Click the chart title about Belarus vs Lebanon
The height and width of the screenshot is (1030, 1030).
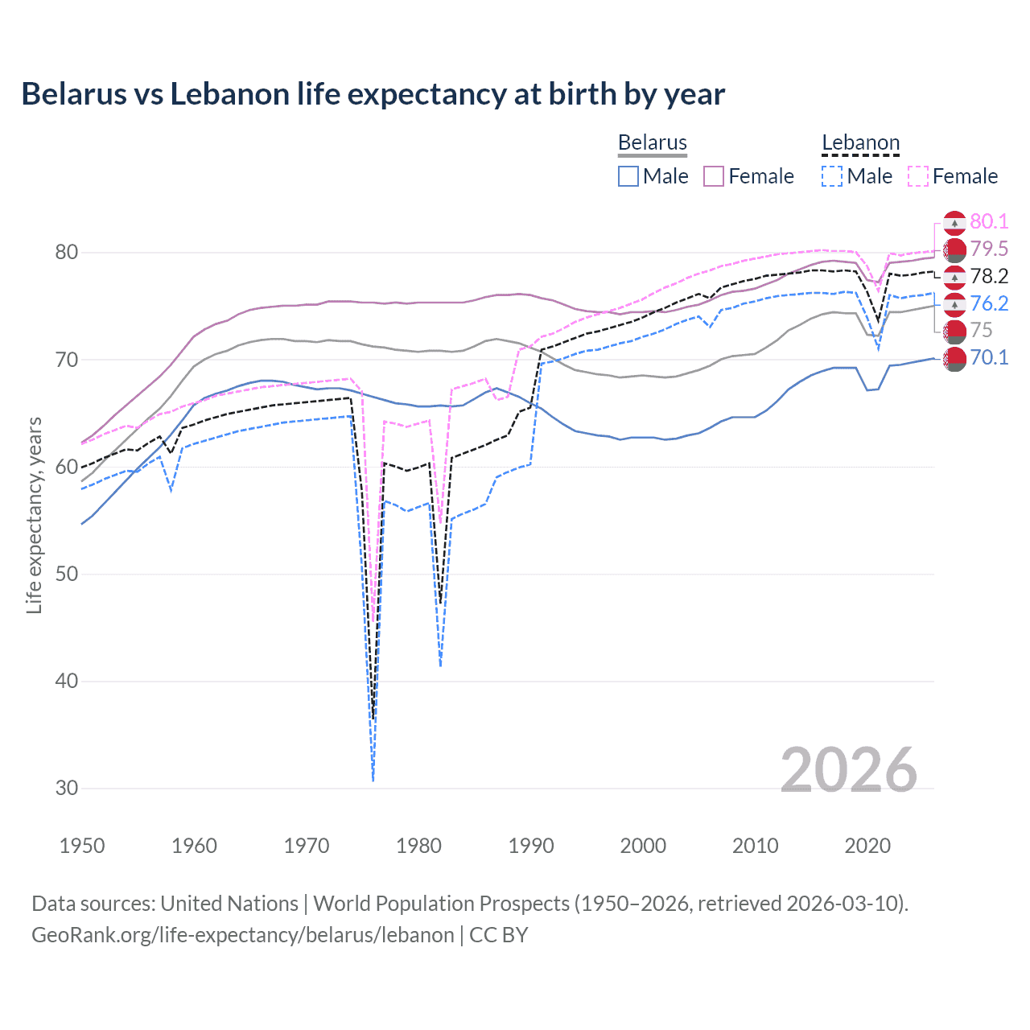coord(373,94)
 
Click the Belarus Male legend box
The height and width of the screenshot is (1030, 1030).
coord(628,176)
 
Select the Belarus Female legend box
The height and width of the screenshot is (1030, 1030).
coord(714,176)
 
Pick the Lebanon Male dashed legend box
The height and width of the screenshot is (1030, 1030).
coord(832,176)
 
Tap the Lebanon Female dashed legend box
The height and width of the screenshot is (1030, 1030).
coord(918,176)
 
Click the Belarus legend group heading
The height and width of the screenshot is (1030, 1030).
coord(652,142)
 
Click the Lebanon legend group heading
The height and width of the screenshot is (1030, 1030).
coord(860,142)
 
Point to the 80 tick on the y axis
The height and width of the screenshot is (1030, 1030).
coord(67,253)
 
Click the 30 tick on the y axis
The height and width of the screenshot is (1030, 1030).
coord(67,789)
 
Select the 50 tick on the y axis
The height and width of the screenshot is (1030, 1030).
coord(67,575)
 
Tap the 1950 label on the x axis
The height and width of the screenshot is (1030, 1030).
coord(82,846)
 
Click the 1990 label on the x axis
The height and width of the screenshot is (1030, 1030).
coord(531,846)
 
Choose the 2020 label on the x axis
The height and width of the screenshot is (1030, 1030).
coord(867,846)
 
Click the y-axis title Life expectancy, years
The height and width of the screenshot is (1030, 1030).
coord(34,515)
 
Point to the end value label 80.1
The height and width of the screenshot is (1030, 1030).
coord(989,222)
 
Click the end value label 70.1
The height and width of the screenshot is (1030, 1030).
coord(989,358)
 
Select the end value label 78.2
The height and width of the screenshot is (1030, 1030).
coord(989,277)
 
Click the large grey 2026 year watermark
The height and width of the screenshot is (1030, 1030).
coord(848,771)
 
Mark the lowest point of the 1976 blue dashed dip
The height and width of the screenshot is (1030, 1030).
coord(373,780)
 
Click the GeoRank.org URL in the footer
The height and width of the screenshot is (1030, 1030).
coord(243,935)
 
